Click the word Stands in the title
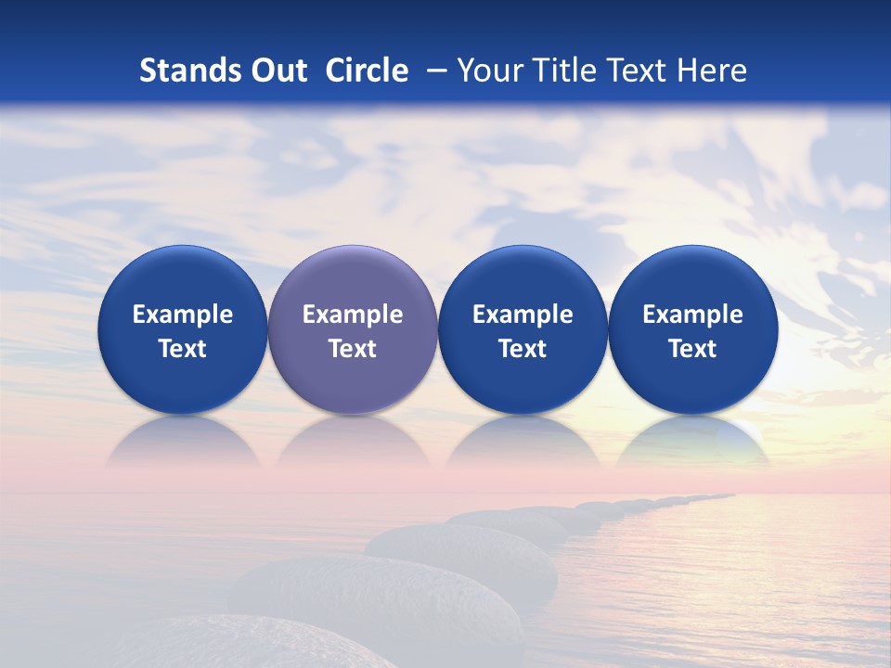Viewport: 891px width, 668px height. click(x=188, y=71)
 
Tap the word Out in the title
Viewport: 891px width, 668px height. click(x=277, y=71)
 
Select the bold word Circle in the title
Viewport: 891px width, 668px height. click(x=367, y=71)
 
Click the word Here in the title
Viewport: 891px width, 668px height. click(x=712, y=71)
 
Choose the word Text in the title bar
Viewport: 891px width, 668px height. click(x=633, y=71)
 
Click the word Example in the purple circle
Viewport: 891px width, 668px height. click(x=353, y=315)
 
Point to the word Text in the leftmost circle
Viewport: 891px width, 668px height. click(x=183, y=349)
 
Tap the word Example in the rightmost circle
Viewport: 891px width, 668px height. click(x=693, y=315)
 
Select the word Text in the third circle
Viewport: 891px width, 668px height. click(x=523, y=349)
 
